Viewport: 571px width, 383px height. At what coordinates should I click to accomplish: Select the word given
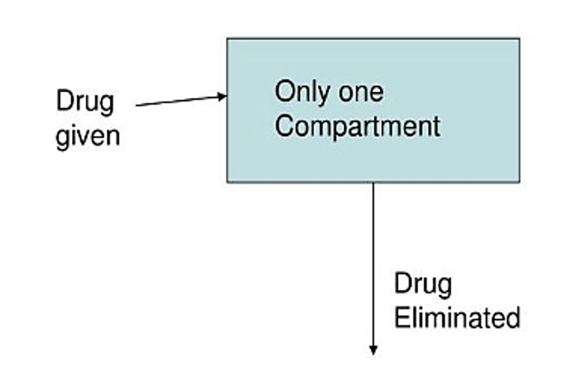click(x=87, y=136)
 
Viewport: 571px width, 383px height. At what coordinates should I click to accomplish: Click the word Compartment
click(x=357, y=126)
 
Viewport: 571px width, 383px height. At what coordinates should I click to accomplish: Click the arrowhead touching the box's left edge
click(x=223, y=97)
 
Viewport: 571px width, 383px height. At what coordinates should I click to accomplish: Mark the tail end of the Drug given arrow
click(x=137, y=105)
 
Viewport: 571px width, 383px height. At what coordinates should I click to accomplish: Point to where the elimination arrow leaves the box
click(x=373, y=182)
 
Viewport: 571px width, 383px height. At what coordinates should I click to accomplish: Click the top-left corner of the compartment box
click(x=228, y=39)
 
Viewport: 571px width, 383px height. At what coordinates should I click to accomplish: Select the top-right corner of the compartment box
click(x=519, y=39)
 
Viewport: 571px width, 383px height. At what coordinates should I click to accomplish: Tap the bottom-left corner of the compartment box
click(x=228, y=181)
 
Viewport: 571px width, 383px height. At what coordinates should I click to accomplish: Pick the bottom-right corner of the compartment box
click(x=519, y=181)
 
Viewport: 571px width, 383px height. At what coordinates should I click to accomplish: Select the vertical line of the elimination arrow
click(x=373, y=261)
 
